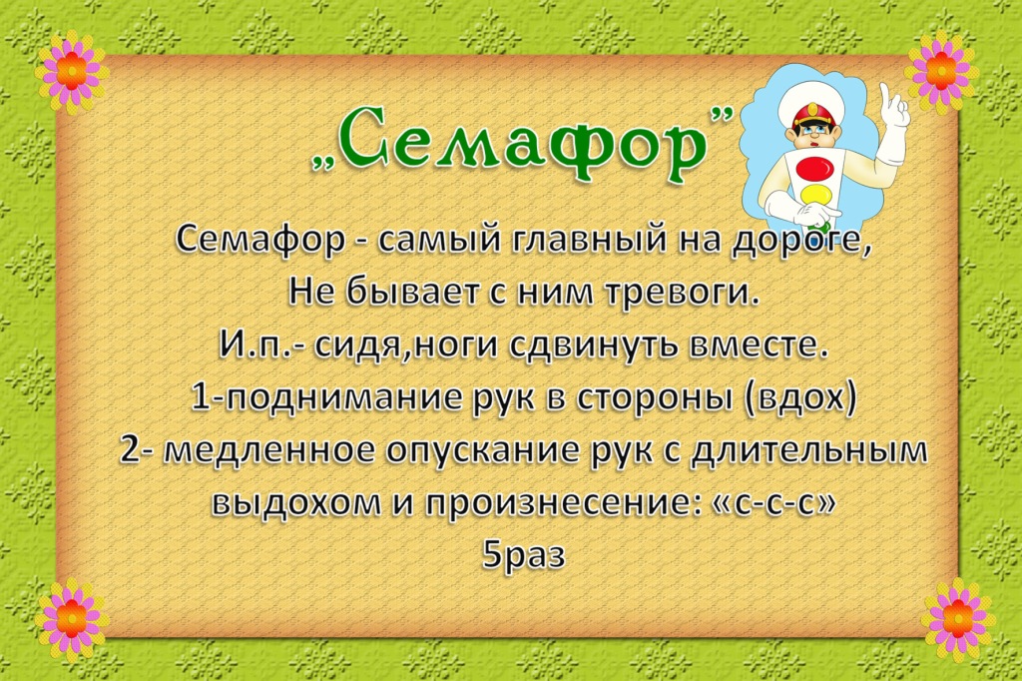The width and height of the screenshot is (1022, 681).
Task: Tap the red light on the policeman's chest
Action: [x=814, y=168]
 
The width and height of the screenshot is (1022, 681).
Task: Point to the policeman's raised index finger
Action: [x=886, y=96]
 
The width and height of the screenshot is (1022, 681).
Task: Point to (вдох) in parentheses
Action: [x=798, y=397]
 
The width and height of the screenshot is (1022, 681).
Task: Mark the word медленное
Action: [x=271, y=450]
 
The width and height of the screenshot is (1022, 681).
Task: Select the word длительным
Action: [x=808, y=450]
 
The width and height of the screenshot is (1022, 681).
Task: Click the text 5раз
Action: [x=523, y=556]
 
